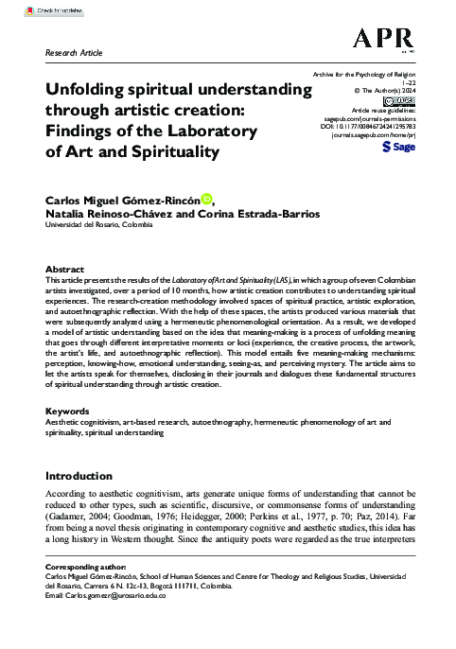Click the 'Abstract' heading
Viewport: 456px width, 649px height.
[x=64, y=269]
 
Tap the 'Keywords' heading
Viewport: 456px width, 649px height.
[x=68, y=412]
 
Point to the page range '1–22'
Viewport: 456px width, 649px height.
[x=407, y=81]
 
